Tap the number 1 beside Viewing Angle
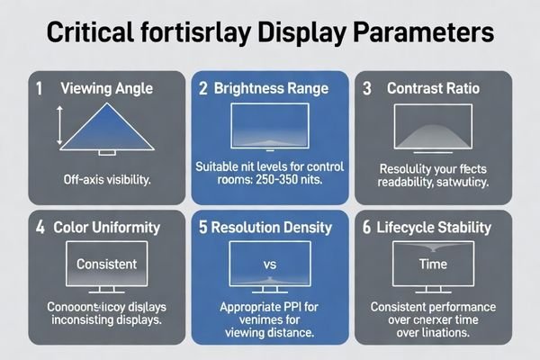(39, 89)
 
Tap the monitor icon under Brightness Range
(270, 124)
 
